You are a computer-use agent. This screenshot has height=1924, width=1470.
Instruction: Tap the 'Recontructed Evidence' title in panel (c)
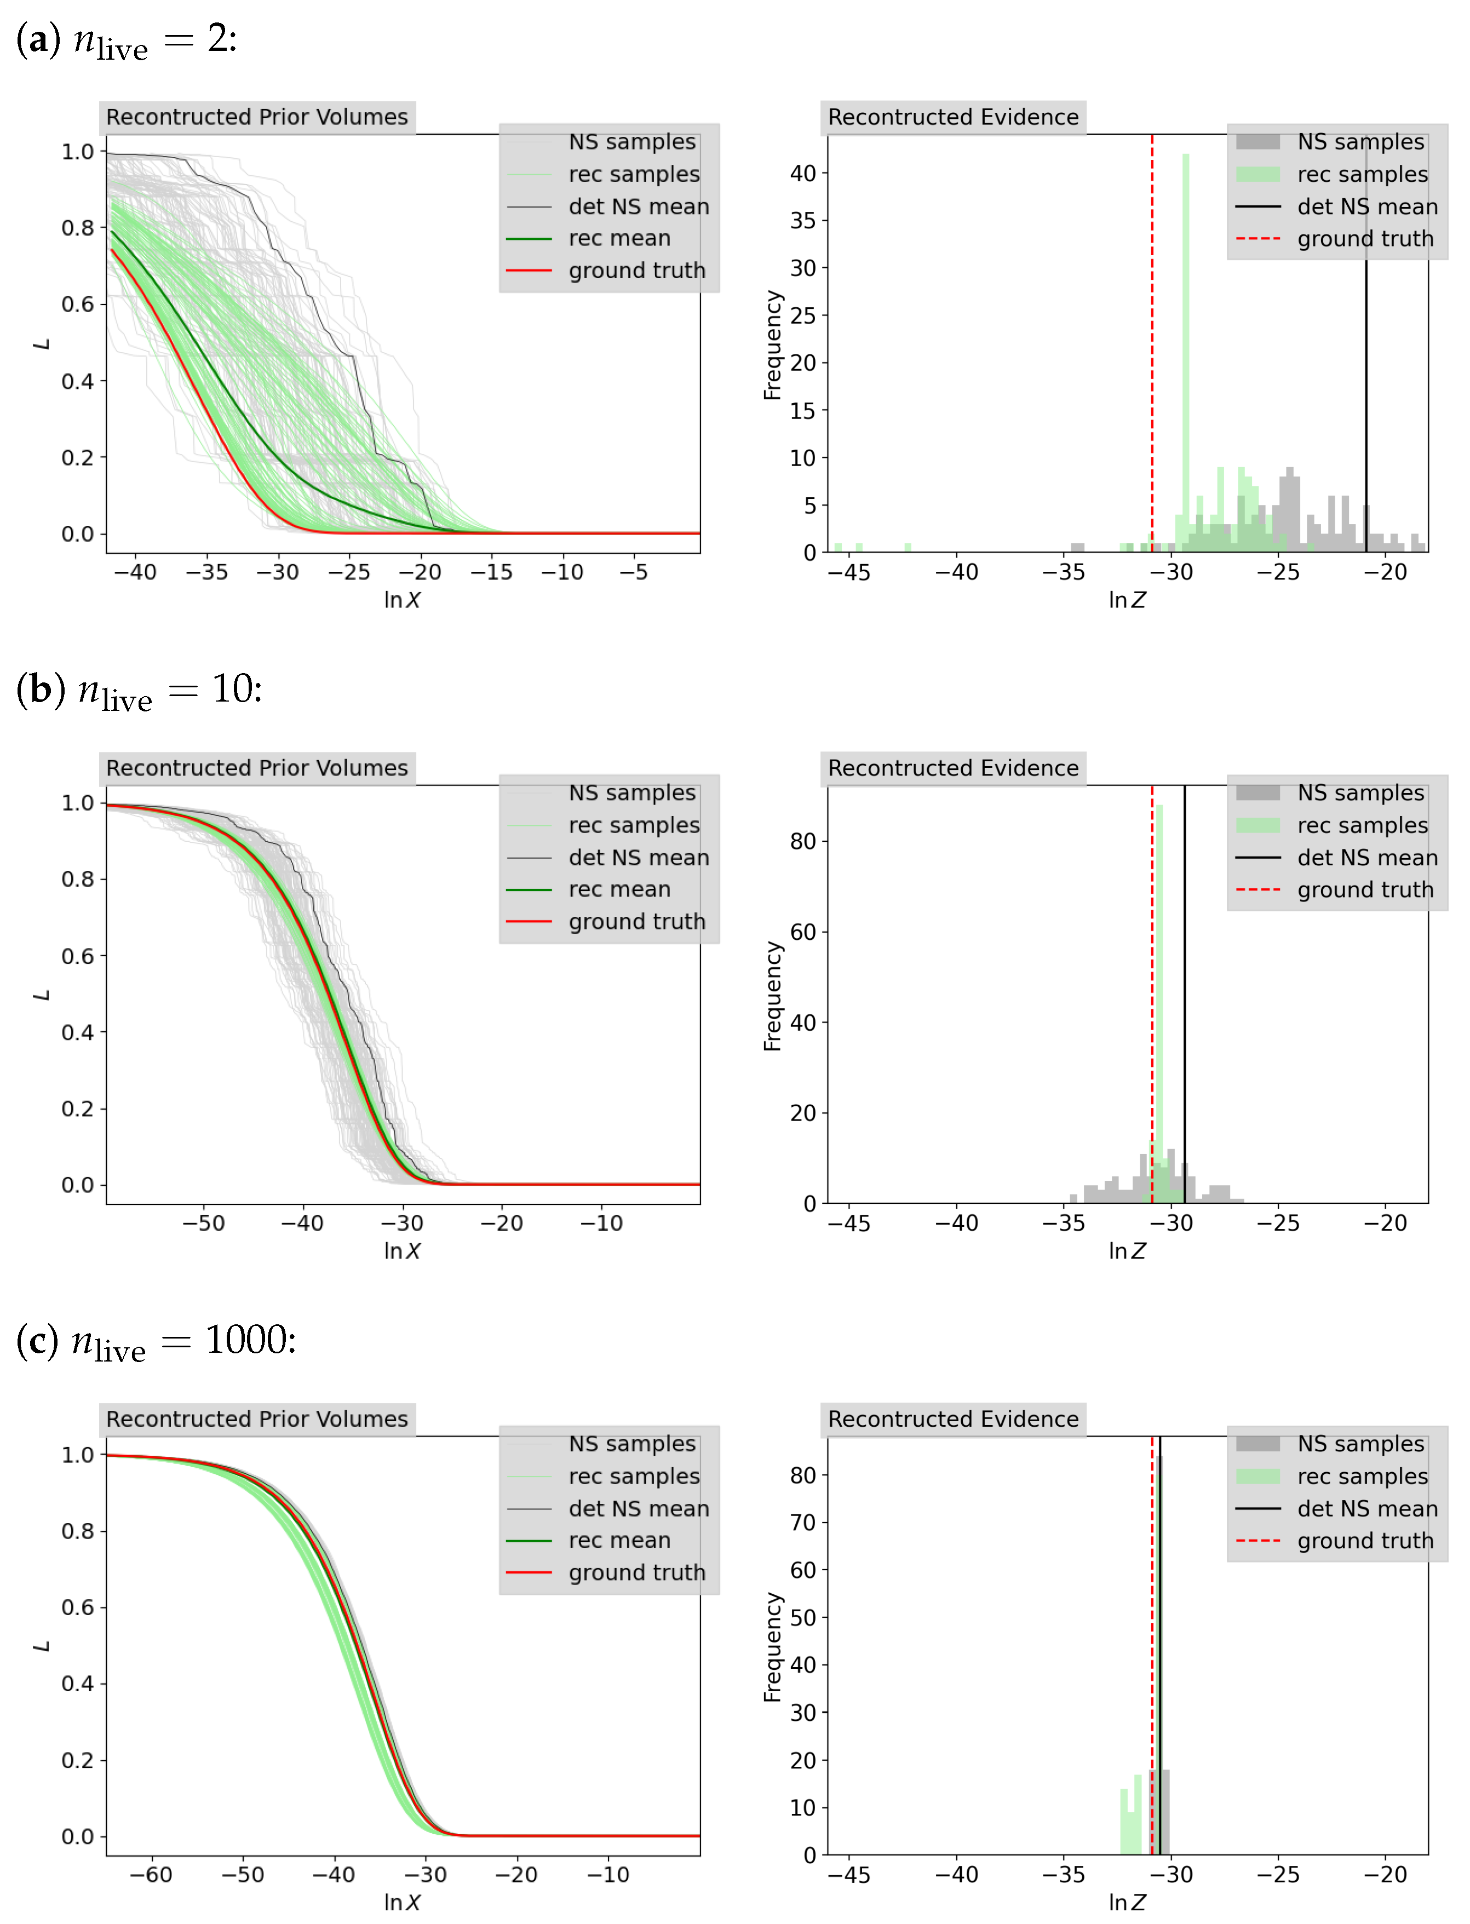(x=953, y=1419)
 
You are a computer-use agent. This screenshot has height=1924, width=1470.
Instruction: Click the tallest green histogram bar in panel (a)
(x=1186, y=350)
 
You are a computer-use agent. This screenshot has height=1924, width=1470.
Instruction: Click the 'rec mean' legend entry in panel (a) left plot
(x=619, y=238)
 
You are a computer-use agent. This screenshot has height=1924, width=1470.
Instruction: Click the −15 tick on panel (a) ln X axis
(x=491, y=572)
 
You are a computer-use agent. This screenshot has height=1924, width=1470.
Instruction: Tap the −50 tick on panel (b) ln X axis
(x=203, y=1223)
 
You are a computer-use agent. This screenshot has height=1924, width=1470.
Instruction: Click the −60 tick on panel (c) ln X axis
(x=151, y=1874)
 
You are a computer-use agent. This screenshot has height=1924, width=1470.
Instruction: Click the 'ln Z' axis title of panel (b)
(x=1126, y=1251)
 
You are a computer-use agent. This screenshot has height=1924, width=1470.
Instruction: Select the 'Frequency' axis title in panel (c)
(x=772, y=1647)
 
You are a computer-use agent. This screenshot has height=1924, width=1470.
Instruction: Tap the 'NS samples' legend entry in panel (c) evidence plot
(x=1360, y=1444)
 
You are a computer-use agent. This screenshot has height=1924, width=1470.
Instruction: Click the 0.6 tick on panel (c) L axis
(x=77, y=1607)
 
